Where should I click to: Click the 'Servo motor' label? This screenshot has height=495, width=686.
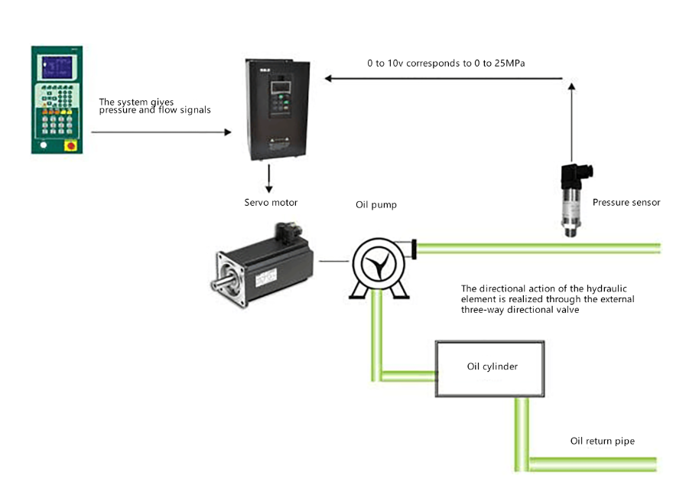pyautogui.click(x=271, y=203)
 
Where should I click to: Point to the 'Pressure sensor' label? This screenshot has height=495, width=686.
pyautogui.click(x=626, y=203)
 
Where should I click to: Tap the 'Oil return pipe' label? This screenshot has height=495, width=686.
pyautogui.click(x=602, y=441)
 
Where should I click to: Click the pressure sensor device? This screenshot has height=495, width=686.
pyautogui.click(x=571, y=199)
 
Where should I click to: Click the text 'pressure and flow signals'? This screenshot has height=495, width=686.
pyautogui.click(x=154, y=110)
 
